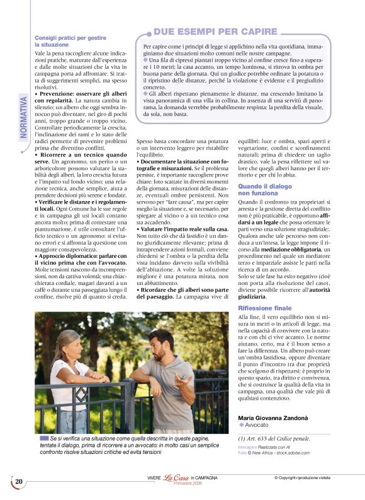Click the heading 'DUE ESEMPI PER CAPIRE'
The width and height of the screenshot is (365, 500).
pos(215,31)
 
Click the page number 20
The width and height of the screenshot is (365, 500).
pos(19,482)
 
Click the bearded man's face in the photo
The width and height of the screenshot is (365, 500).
pos(162,346)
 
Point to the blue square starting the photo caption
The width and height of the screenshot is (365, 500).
pos(43,438)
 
